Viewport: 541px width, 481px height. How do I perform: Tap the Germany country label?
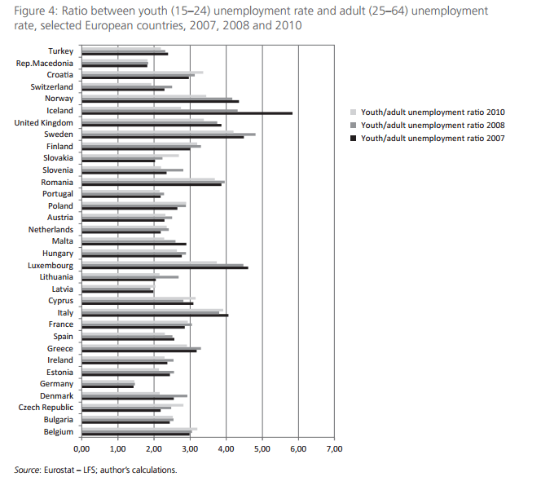pos(56,384)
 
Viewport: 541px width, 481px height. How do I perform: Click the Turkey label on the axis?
pos(60,51)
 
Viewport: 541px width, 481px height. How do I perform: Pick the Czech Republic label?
pos(47,408)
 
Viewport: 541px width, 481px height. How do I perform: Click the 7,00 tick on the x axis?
pos(334,449)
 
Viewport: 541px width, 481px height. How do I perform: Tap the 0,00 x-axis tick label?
pos(81,449)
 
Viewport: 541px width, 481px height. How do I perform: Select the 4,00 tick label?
pos(226,449)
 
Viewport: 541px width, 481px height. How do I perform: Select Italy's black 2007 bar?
pos(154,316)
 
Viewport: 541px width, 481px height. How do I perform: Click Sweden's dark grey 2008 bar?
pos(168,134)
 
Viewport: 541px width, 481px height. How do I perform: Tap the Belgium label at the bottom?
pos(59,431)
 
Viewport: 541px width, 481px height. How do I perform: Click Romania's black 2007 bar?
pos(151,185)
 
